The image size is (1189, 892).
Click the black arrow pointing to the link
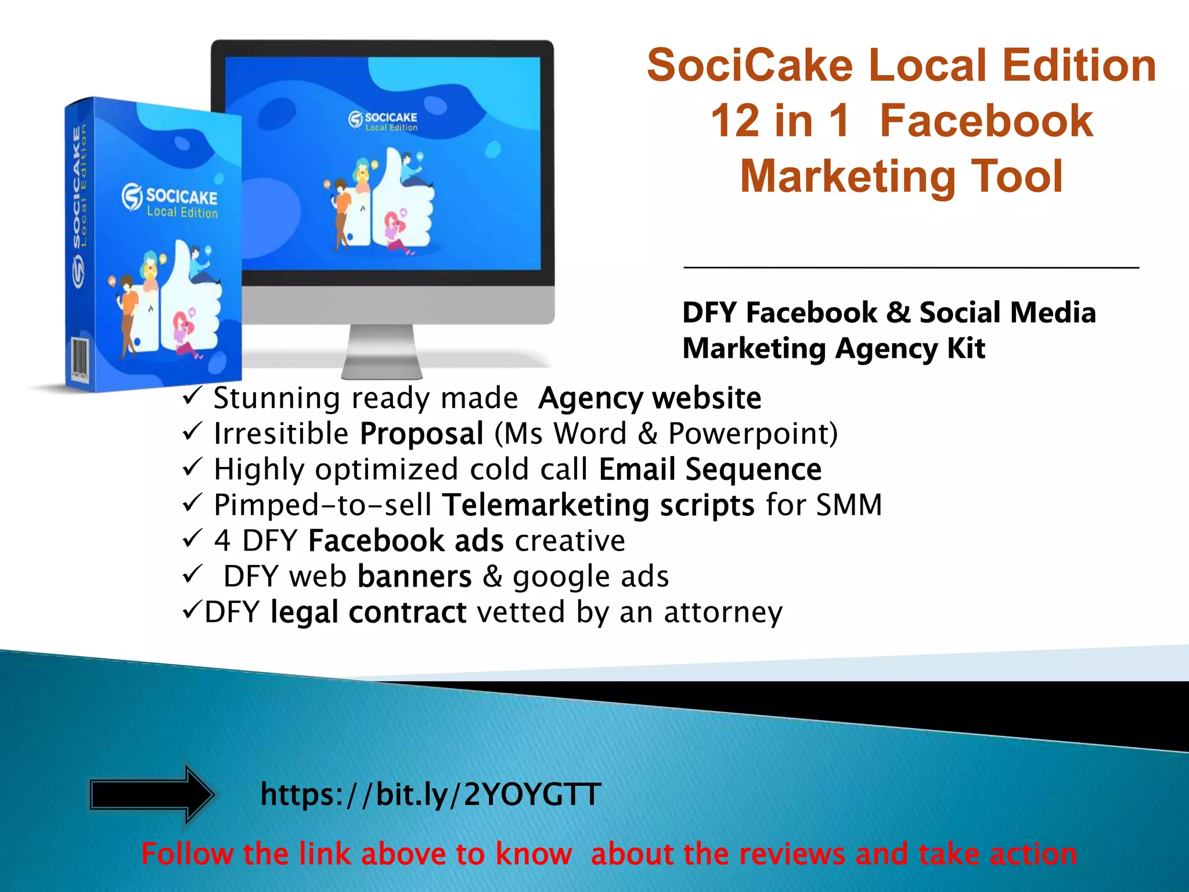[152, 794]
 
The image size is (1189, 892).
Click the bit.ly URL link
[430, 794]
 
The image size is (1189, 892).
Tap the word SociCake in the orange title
[750, 65]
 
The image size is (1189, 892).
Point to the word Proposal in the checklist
[421, 434]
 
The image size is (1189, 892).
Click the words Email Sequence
[710, 469]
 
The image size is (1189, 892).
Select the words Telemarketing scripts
[599, 505]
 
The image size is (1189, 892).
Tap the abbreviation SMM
[849, 504]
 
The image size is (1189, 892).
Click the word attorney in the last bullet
[723, 612]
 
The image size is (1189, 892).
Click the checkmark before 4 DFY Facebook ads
[192, 539]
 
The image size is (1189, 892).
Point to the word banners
[415, 576]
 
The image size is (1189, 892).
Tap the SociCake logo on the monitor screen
[383, 121]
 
